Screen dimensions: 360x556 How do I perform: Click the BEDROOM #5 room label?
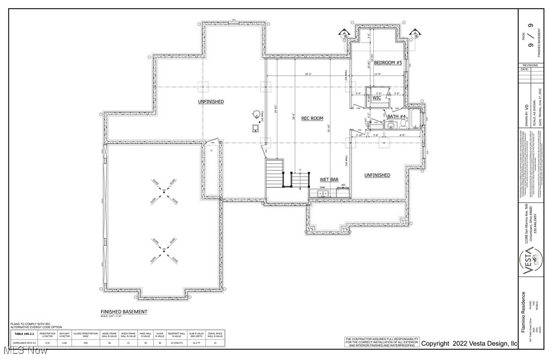click(387, 62)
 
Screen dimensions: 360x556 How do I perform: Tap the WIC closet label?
click(377, 98)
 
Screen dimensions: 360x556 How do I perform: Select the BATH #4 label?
click(397, 117)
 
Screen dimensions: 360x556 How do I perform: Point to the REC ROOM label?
click(312, 118)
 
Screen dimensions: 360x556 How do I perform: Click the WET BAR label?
click(329, 179)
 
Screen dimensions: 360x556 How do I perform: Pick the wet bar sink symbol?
click(323, 193)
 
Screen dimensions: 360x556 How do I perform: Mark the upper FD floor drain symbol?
click(164, 190)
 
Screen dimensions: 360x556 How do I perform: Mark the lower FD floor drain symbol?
click(164, 249)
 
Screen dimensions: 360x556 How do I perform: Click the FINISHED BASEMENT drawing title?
click(124, 312)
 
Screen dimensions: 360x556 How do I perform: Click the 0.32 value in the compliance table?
click(47, 343)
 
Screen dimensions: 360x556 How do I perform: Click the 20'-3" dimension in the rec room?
click(308, 74)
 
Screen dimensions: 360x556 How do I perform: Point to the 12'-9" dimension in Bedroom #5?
click(377, 74)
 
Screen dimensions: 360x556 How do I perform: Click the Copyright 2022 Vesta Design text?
click(469, 343)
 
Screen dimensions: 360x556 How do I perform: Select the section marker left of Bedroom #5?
click(345, 33)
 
